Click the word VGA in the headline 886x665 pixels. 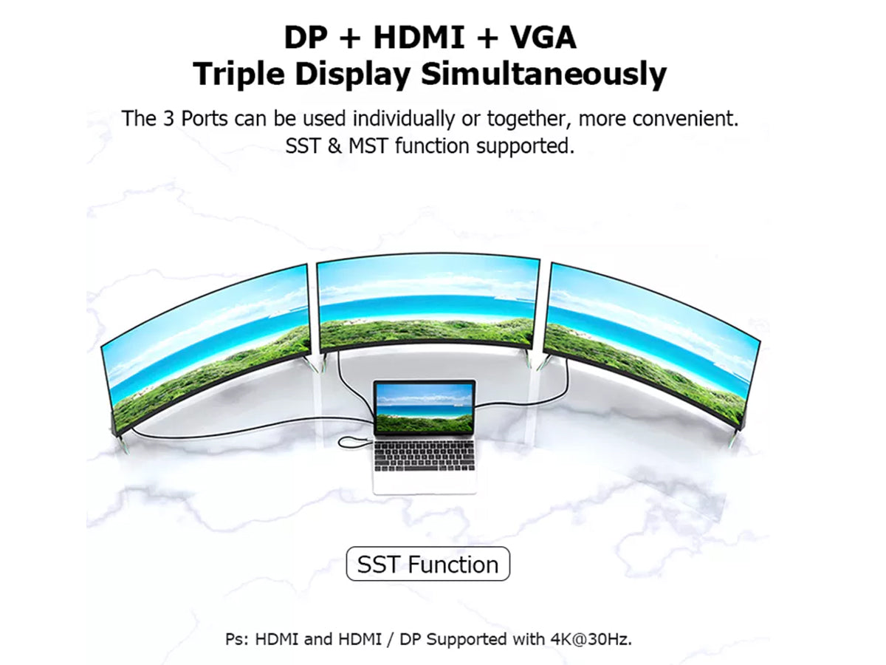[543, 38]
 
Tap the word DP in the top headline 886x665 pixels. [306, 38]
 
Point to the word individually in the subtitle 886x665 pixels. [403, 119]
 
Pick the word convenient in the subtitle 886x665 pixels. [685, 119]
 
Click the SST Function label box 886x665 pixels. [427, 564]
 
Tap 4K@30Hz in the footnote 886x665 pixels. [591, 638]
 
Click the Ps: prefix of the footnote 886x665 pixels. [238, 638]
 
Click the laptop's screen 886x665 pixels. [425, 407]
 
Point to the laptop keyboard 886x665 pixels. [425, 456]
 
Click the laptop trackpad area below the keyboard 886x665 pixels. [425, 482]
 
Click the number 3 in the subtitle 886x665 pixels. [168, 119]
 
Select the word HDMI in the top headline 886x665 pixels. [419, 38]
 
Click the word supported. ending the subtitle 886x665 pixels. [525, 146]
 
